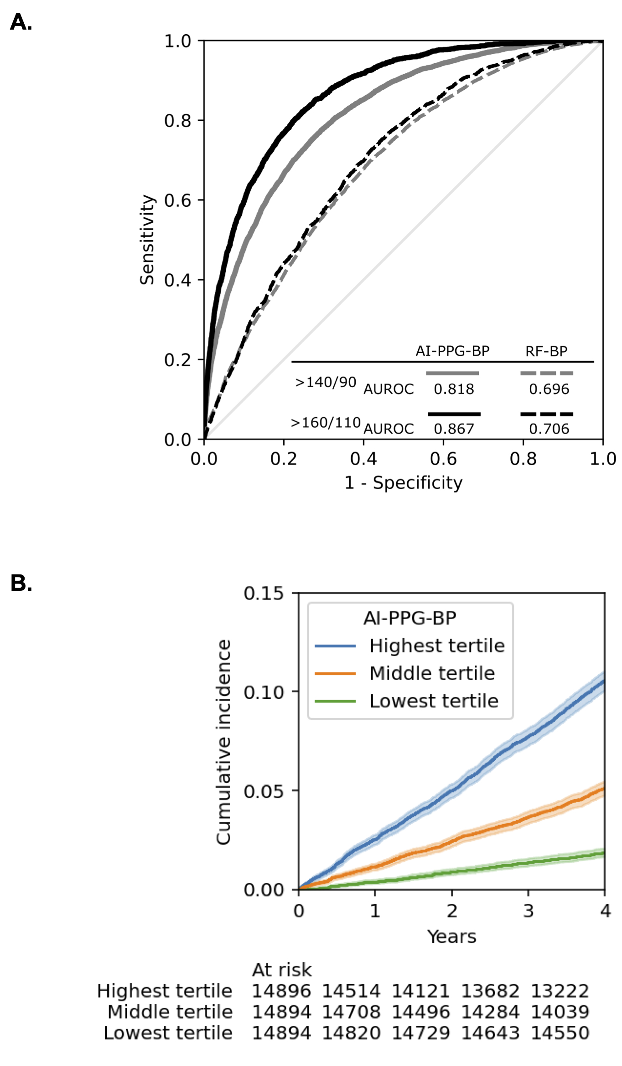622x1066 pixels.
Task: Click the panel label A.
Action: (x=21, y=22)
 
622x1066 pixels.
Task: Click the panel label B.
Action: (x=21, y=584)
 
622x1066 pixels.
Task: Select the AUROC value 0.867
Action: (x=454, y=429)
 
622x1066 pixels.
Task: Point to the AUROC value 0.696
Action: (x=549, y=389)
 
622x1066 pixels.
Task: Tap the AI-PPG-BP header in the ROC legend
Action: (x=452, y=351)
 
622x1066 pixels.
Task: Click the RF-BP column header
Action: (x=546, y=351)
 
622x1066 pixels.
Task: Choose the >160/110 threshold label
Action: (x=326, y=423)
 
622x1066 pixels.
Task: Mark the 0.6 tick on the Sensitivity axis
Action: (x=177, y=200)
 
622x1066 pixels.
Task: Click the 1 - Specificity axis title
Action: (x=403, y=483)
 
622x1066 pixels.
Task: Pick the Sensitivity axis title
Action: (x=147, y=240)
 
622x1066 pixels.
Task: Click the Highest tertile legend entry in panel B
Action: (x=437, y=646)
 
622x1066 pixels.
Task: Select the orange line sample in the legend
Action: (x=335, y=673)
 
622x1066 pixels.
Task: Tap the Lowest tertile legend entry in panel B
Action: (x=434, y=701)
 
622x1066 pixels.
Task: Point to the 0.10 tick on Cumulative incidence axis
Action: (x=264, y=692)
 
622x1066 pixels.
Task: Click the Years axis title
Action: (x=451, y=937)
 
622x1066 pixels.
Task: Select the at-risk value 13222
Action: (x=560, y=991)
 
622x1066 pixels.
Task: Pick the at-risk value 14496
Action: (x=420, y=1012)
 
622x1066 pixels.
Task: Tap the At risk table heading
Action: (x=282, y=970)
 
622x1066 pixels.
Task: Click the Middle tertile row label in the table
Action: (x=170, y=1012)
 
